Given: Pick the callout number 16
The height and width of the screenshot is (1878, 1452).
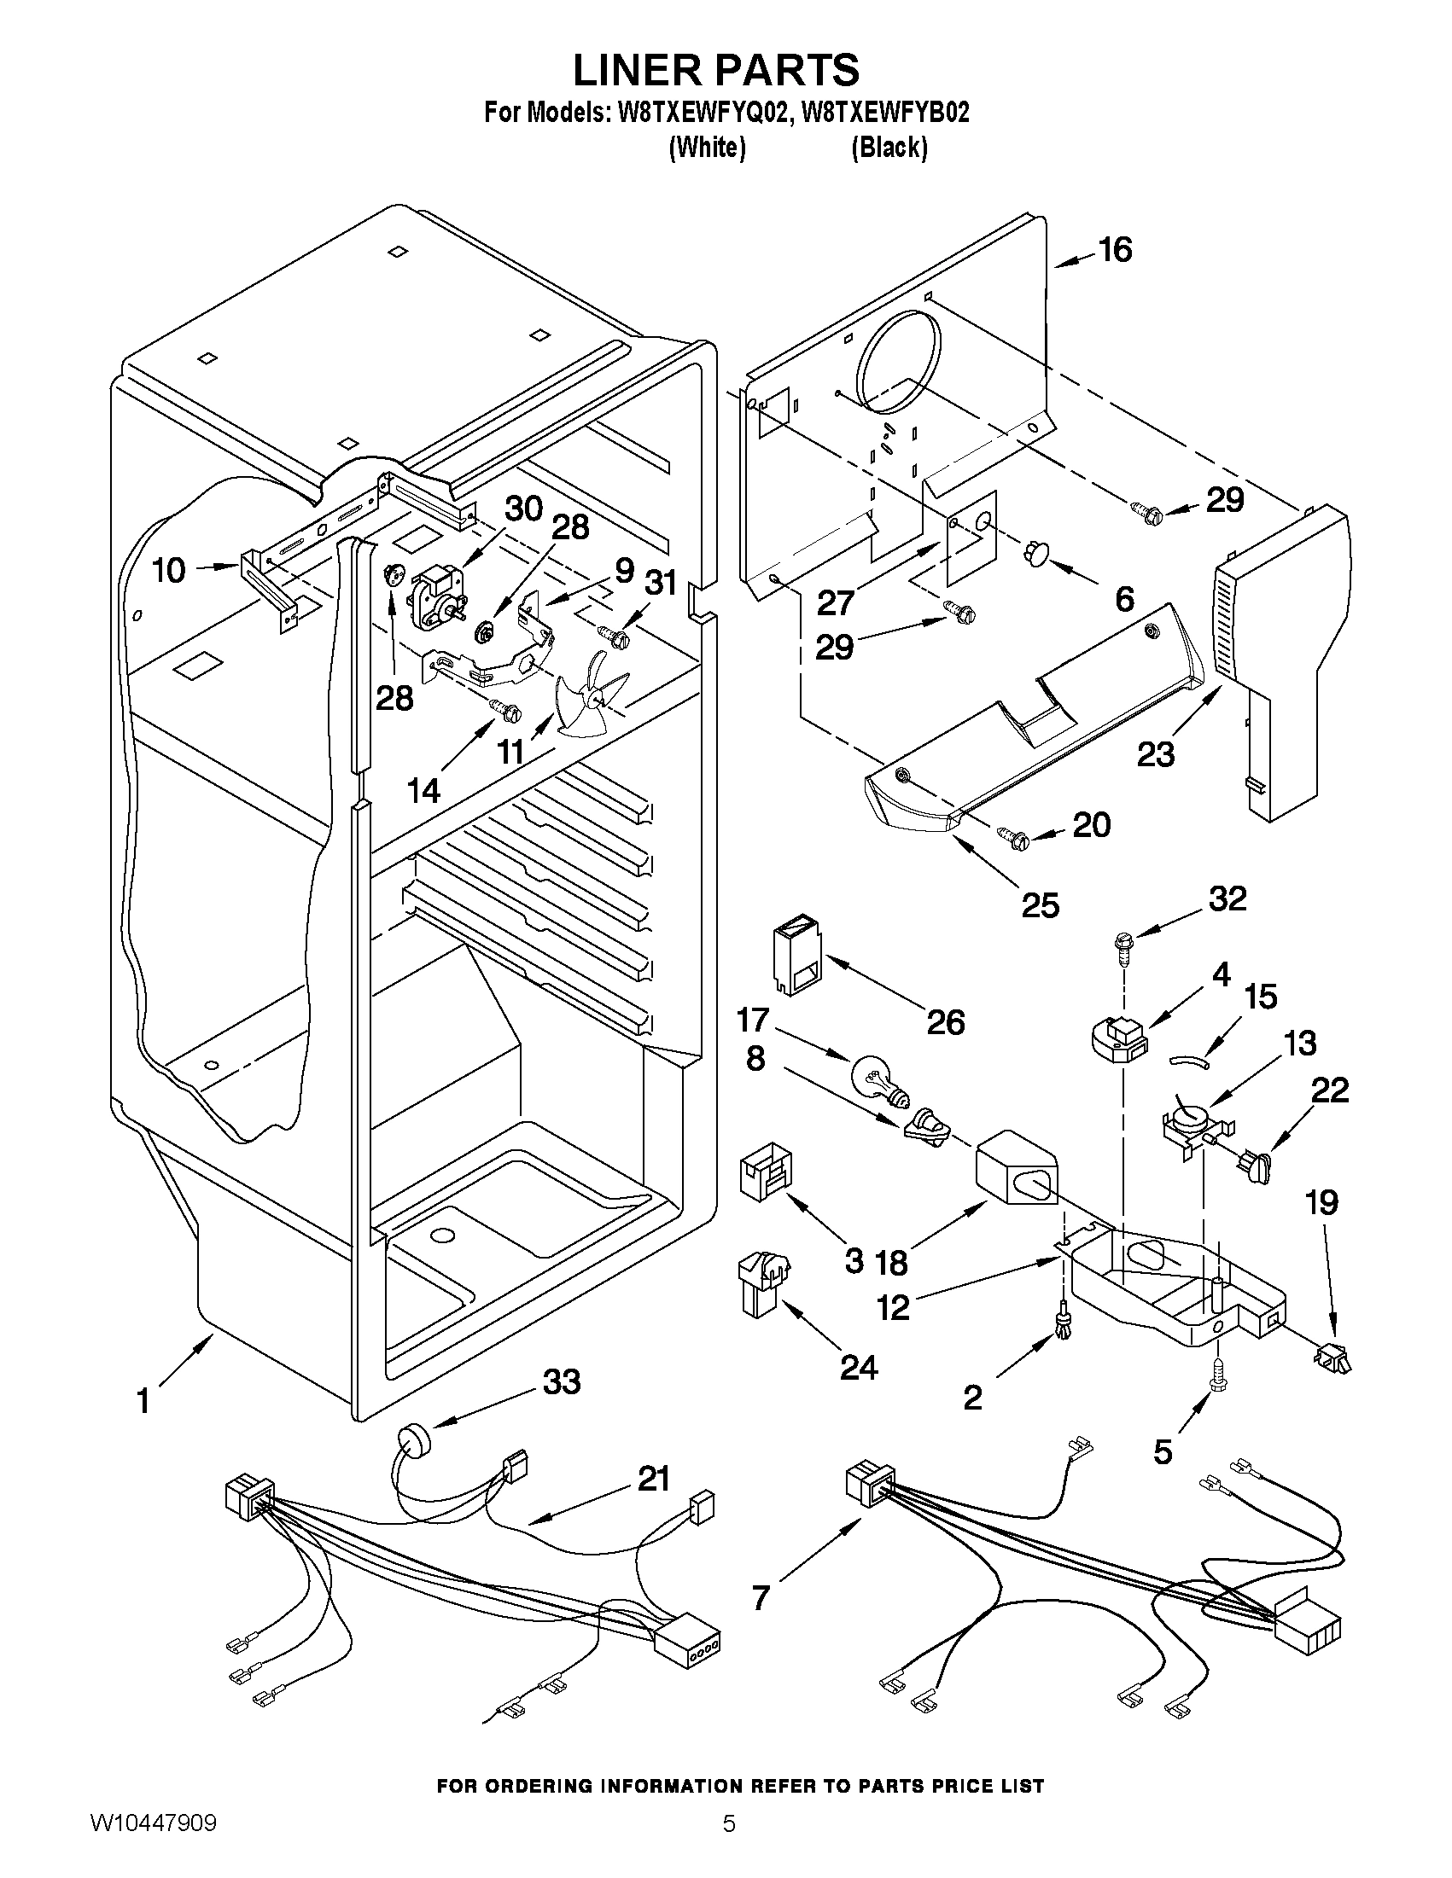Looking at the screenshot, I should point(1115,250).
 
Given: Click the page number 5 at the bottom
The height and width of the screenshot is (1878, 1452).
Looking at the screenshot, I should point(728,1844).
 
